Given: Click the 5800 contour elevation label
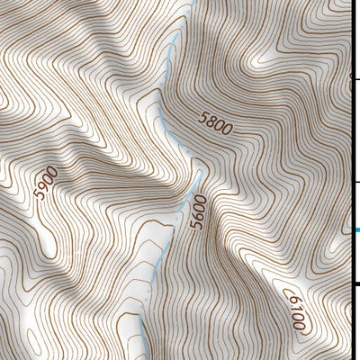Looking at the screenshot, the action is pos(215,123).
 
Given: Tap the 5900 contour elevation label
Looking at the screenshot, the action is pos(45,183).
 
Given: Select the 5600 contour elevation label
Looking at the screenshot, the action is pos(199,212).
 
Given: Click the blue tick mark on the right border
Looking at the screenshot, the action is pos(355,230).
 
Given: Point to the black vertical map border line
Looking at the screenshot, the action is pos(351,135).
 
